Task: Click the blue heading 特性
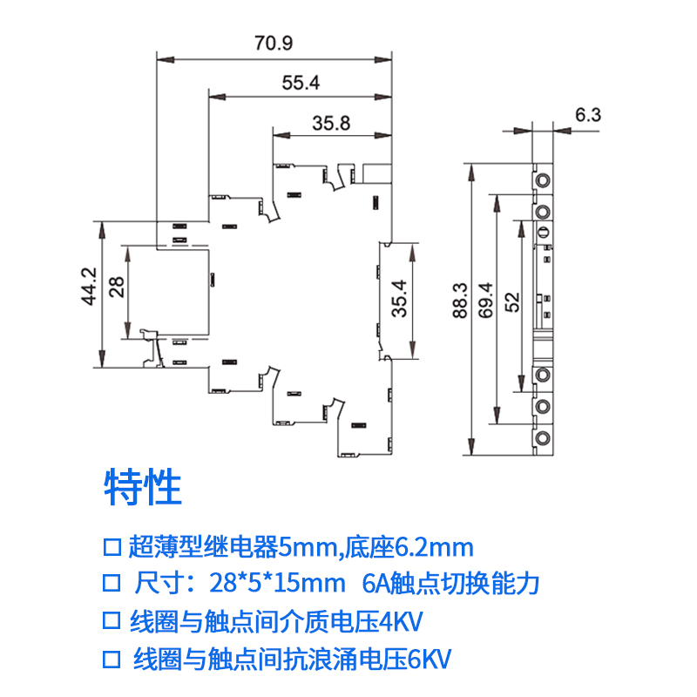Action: [x=143, y=488]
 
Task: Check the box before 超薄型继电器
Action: [x=111, y=548]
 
